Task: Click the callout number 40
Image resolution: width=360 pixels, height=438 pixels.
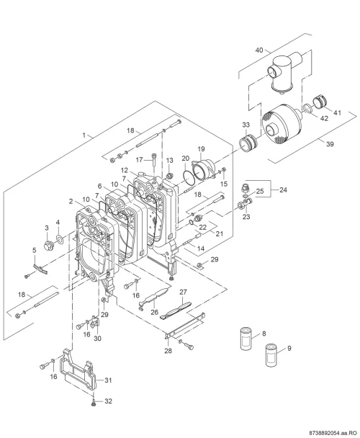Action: coord(259,50)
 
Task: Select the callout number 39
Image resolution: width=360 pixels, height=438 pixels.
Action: coord(330,144)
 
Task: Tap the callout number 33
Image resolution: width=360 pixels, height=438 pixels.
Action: coord(246,125)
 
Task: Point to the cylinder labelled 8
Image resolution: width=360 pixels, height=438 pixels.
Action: coord(246,339)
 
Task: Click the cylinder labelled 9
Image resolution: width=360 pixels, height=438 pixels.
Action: coord(271,356)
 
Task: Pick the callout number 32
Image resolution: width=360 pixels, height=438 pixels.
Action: coord(109,401)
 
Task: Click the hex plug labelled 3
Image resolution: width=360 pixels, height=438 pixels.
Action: coord(48,245)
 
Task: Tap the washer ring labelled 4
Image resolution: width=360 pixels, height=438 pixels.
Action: coord(60,239)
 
